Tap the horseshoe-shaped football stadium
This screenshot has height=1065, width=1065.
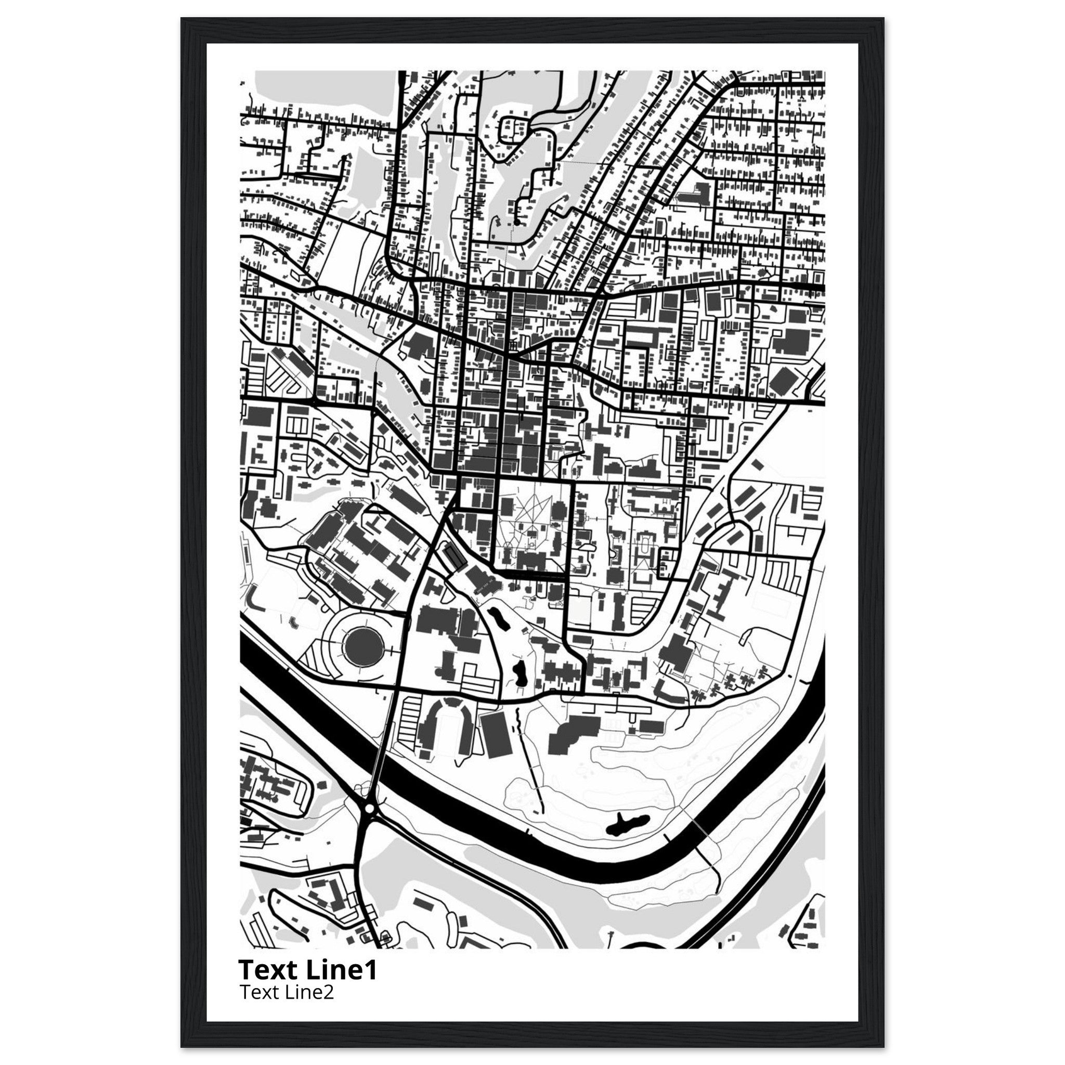point(446,728)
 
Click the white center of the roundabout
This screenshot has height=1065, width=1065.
point(369,809)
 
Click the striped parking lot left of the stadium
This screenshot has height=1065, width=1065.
point(407,722)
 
